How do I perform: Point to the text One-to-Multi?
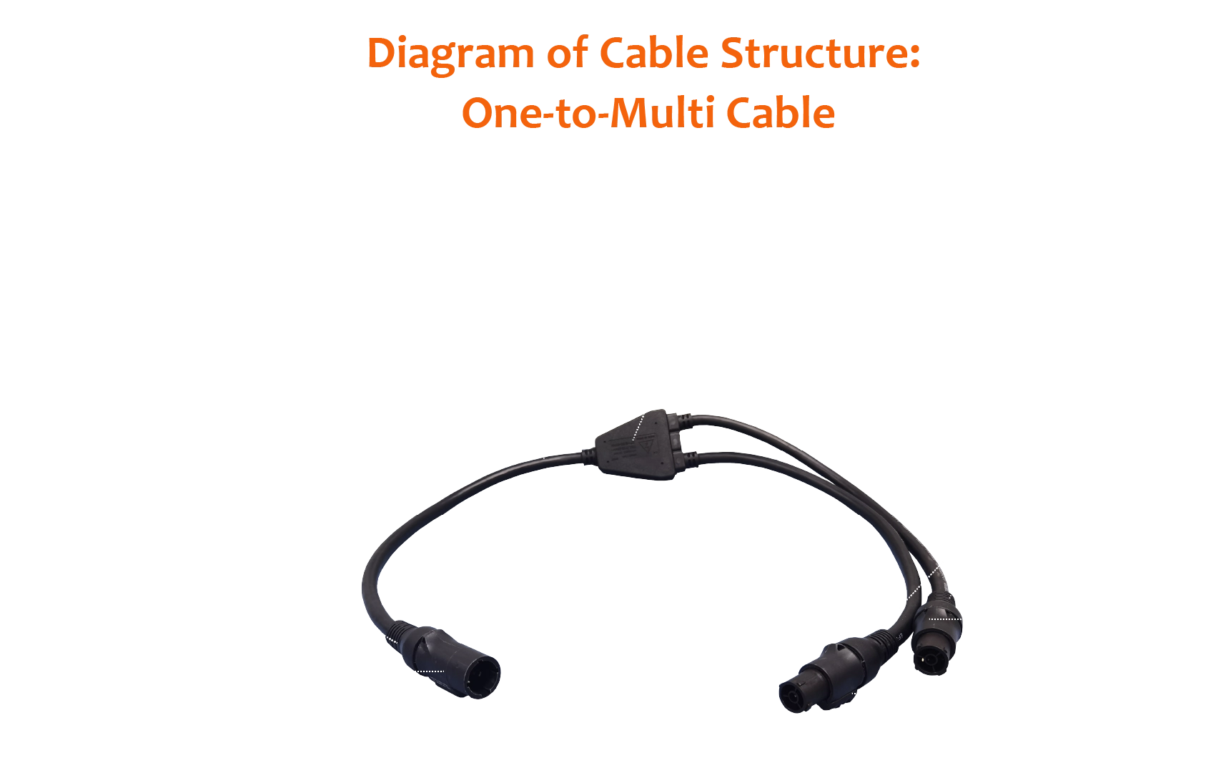click(585, 114)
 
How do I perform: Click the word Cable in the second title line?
click(780, 114)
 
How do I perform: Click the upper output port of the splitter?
click(686, 423)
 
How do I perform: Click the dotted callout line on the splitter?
click(638, 429)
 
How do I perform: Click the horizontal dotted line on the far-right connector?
click(946, 619)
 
